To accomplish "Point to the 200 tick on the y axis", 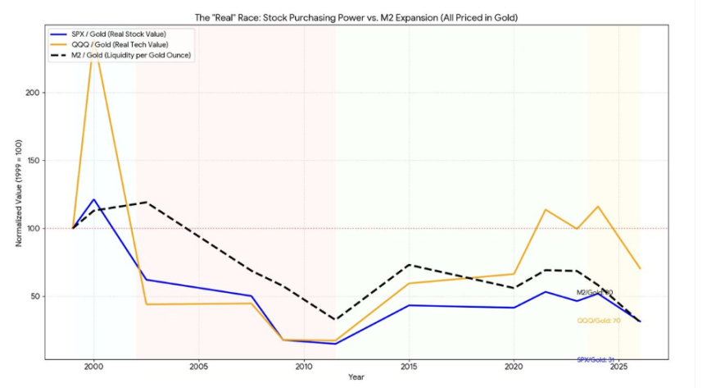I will click(34, 93).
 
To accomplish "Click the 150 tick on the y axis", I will click(34, 161).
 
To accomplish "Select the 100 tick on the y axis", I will click(34, 228).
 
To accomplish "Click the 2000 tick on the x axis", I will click(93, 366).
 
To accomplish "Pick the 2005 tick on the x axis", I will click(198, 366).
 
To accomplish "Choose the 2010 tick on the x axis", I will click(303, 366).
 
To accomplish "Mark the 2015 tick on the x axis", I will click(409, 366).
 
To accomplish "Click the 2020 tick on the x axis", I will click(514, 366).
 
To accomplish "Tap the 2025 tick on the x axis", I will click(618, 366).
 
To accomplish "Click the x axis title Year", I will click(356, 377).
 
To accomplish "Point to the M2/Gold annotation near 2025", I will click(595, 292).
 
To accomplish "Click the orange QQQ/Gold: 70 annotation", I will click(599, 320).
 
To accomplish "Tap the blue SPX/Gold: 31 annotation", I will click(596, 359).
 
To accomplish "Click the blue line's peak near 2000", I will click(94, 199).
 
